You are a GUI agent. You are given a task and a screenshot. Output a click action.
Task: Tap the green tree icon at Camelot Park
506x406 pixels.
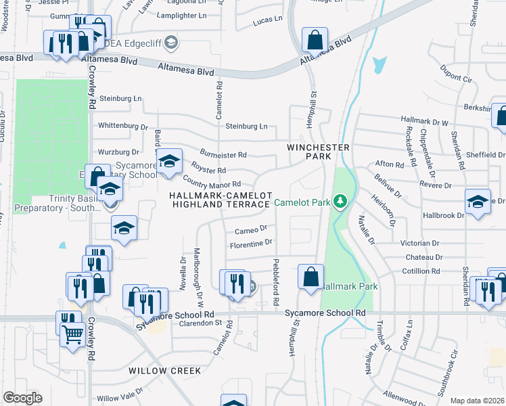click(x=340, y=202)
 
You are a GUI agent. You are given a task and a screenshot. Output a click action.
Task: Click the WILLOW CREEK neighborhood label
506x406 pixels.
click(x=166, y=371)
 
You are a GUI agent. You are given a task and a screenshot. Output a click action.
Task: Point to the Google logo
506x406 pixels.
click(x=22, y=398)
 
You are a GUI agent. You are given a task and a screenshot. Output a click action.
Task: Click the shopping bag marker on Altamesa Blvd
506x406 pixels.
click(x=315, y=40)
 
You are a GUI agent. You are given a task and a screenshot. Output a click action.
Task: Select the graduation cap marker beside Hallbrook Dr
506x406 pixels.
click(x=478, y=202)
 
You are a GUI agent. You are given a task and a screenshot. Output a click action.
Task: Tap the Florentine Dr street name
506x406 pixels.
click(x=251, y=242)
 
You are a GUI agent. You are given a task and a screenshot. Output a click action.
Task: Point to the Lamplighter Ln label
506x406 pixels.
click(x=181, y=15)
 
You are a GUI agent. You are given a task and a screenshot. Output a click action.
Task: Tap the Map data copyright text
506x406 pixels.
click(x=476, y=401)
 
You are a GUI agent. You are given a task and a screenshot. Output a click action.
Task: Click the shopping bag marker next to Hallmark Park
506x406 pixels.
click(x=310, y=277)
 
